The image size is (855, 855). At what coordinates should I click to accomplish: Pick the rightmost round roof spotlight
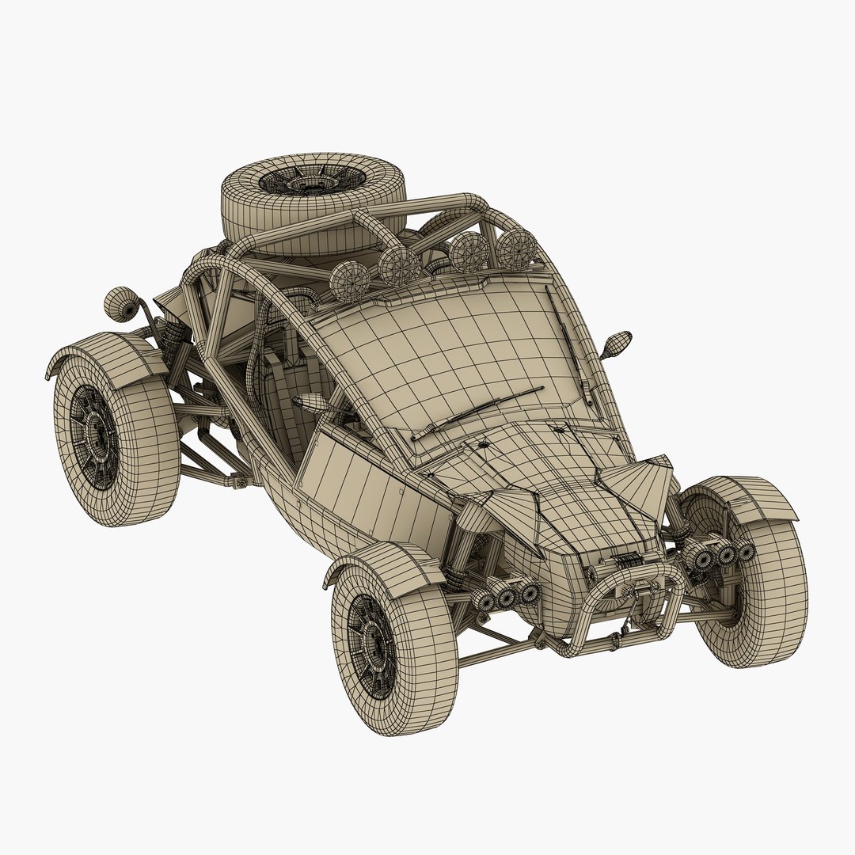point(516,247)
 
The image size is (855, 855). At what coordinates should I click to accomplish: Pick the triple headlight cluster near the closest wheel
point(507,594)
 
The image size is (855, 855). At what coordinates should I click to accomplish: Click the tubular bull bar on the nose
point(625,602)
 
